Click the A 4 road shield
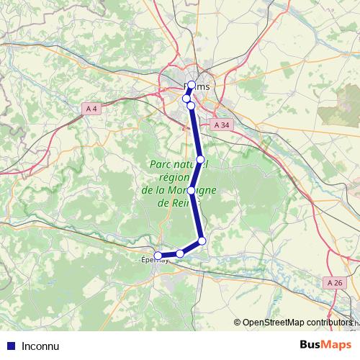[90, 109]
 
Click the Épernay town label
[154, 261]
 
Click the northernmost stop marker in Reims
[192, 85]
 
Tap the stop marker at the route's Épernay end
[158, 255]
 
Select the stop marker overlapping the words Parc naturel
[201, 159]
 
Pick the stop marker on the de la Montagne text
[191, 191]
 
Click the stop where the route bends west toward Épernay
[202, 240]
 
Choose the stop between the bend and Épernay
[180, 253]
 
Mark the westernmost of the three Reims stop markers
[186, 99]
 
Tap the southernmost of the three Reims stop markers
[191, 106]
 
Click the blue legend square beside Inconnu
[10, 346]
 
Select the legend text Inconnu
[40, 346]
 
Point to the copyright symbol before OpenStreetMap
[238, 323]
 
